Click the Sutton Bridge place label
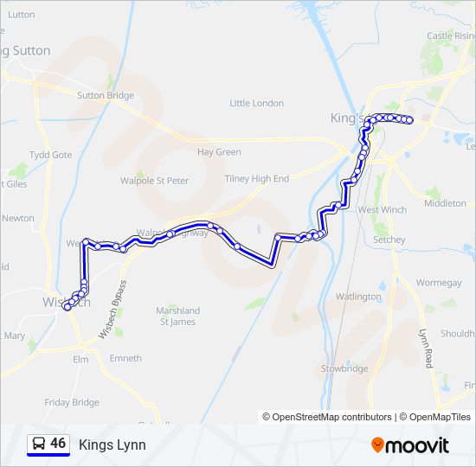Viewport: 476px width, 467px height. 106,96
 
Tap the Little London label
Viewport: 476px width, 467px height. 257,103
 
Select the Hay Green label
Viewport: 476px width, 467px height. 219,152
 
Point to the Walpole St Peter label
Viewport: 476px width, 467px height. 155,181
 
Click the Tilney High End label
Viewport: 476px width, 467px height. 257,179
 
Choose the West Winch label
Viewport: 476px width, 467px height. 382,209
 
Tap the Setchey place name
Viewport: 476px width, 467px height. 389,240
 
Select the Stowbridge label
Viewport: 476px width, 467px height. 345,368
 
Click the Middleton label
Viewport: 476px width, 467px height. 445,203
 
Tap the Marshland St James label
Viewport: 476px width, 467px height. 177,317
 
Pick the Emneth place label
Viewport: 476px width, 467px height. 125,358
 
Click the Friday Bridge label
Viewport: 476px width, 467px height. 72,402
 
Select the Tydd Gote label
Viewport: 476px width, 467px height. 51,155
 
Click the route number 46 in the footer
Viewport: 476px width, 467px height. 58,444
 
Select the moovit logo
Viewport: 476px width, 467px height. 410,445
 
